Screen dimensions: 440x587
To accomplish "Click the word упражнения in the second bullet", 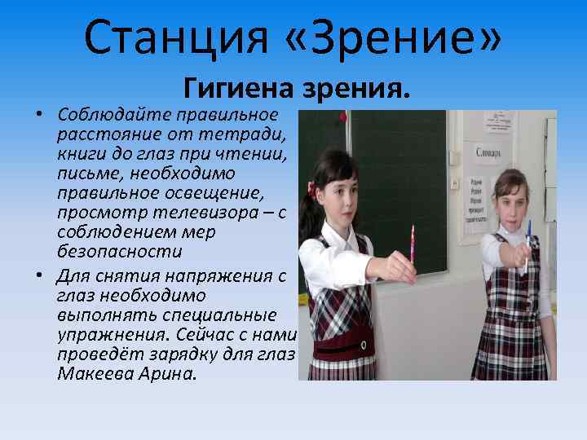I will coord(111,335).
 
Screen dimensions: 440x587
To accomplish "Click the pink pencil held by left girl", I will coord(413,244).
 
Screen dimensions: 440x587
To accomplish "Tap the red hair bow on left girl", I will coord(311,189).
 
